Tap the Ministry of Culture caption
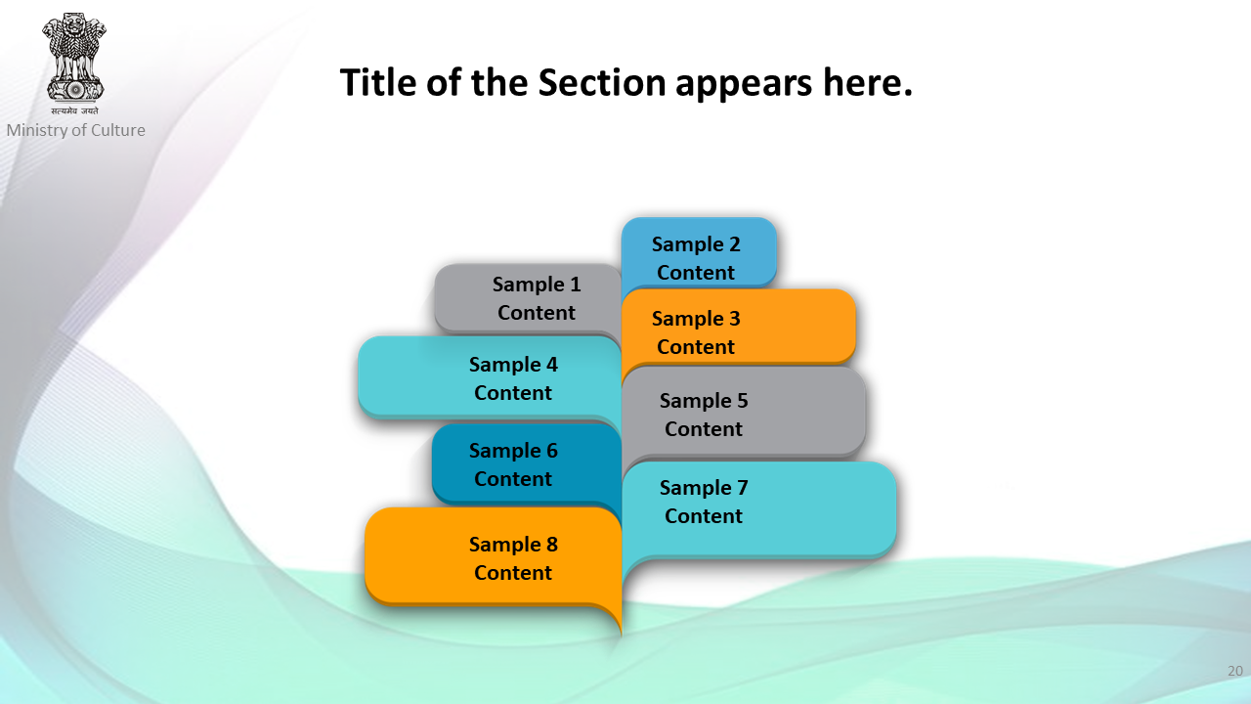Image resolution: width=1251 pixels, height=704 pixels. tap(76, 130)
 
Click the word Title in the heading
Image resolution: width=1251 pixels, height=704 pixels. tap(378, 82)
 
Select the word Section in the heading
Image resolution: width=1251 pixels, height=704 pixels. tap(601, 83)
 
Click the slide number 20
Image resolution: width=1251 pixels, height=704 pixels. tap(1234, 671)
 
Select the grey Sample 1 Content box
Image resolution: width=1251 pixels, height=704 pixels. tap(528, 298)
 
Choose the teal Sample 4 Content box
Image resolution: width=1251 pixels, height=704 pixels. tap(490, 377)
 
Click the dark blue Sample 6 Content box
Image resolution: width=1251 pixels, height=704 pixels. tap(527, 463)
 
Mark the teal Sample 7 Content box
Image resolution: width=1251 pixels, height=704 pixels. tap(759, 509)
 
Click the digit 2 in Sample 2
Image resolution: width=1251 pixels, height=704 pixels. tap(734, 244)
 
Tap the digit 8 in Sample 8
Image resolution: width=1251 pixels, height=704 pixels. tap(552, 545)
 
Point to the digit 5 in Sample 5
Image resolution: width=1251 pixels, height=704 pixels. tap(742, 401)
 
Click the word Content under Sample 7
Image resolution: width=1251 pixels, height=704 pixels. tap(703, 515)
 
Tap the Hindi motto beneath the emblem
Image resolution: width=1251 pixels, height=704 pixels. tap(74, 110)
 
